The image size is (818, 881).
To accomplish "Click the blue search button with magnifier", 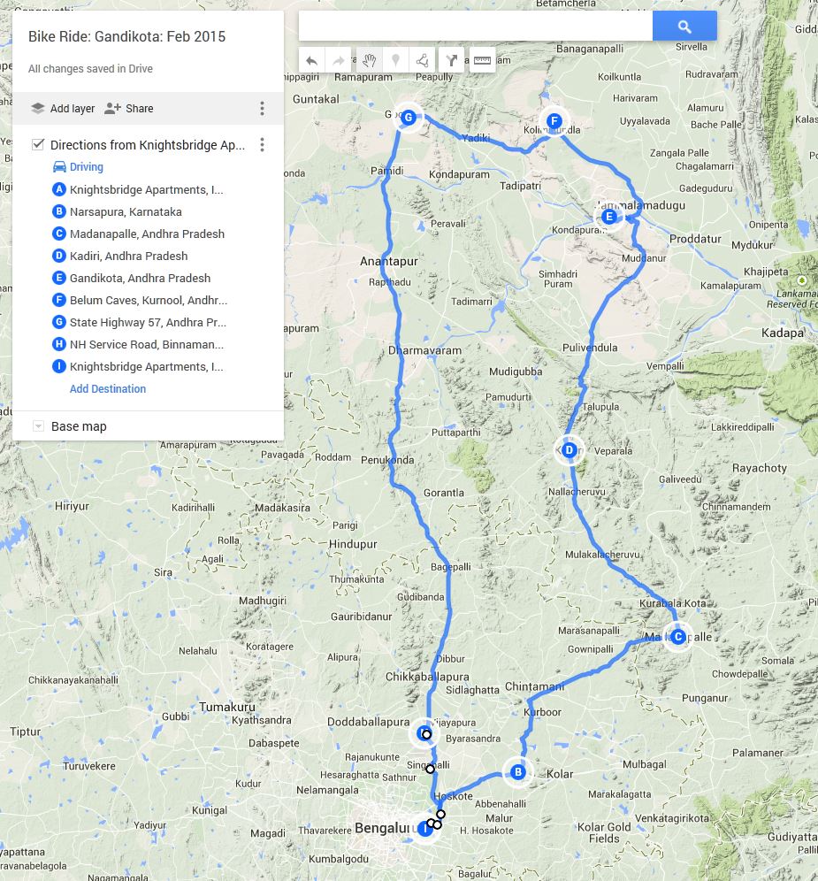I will click(x=684, y=27).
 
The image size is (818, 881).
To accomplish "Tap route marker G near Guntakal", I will click(x=408, y=117).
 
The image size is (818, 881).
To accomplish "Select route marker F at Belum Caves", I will click(x=554, y=121).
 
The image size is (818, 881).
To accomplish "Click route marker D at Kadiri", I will click(x=569, y=450).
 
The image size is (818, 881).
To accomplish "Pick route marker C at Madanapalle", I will click(x=677, y=636).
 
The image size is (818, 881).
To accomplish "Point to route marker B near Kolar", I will click(x=517, y=772).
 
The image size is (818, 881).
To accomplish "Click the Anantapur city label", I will click(x=389, y=262).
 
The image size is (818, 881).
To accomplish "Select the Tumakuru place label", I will click(x=227, y=707).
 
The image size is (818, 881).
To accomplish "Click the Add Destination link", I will click(x=108, y=388).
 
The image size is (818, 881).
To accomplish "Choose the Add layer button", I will click(x=62, y=109).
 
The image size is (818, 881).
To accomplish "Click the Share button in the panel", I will click(x=129, y=109).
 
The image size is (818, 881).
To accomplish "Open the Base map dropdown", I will click(x=38, y=426).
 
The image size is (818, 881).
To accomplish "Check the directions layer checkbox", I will click(x=38, y=144).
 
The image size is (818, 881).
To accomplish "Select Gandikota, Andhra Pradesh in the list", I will click(x=140, y=278).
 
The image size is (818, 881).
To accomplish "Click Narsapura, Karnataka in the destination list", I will click(x=126, y=211).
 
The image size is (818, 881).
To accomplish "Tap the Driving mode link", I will click(x=86, y=167).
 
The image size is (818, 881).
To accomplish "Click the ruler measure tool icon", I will click(x=482, y=60).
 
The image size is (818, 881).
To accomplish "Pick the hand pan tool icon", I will click(x=369, y=60).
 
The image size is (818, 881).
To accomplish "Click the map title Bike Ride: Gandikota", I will click(x=126, y=37).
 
